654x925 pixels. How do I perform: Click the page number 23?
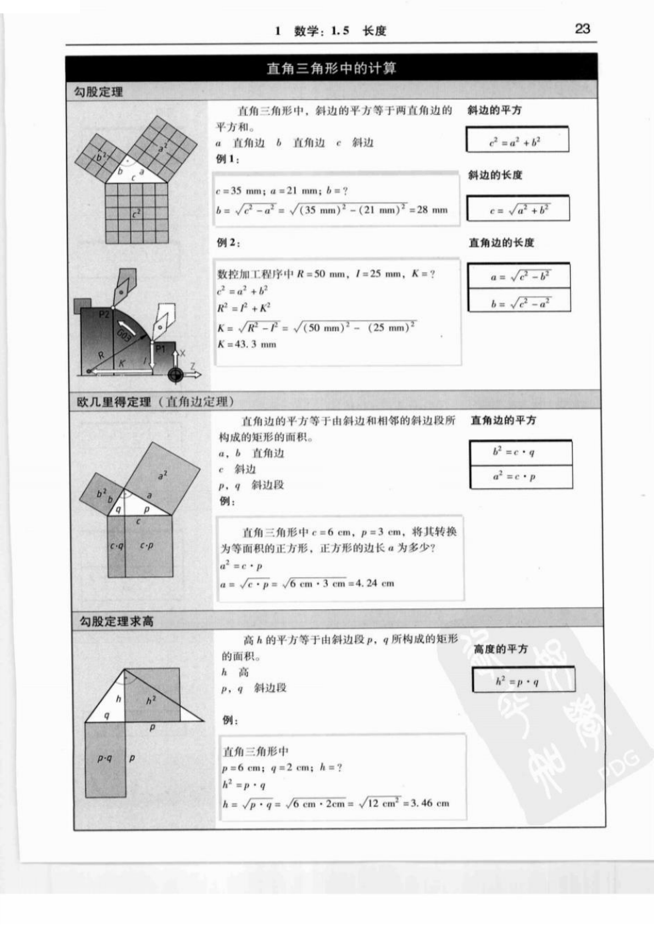582,29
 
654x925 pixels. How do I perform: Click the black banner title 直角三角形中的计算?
331,68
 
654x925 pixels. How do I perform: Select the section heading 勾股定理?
98,92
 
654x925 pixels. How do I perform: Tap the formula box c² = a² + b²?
517,141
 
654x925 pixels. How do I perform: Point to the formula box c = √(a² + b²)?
518,209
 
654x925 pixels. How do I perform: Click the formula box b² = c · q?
521,452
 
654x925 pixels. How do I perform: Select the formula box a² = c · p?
521,476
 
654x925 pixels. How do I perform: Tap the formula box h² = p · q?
523,680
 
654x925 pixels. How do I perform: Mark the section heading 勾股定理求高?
116,621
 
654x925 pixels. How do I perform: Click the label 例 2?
229,242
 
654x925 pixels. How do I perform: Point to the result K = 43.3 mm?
246,345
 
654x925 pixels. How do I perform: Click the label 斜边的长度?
495,175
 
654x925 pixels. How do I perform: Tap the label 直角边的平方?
503,420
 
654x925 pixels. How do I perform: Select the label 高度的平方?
500,648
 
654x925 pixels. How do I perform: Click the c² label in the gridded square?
136,214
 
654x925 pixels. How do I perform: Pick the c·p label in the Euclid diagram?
147,545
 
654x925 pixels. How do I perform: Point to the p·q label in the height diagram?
105,758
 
